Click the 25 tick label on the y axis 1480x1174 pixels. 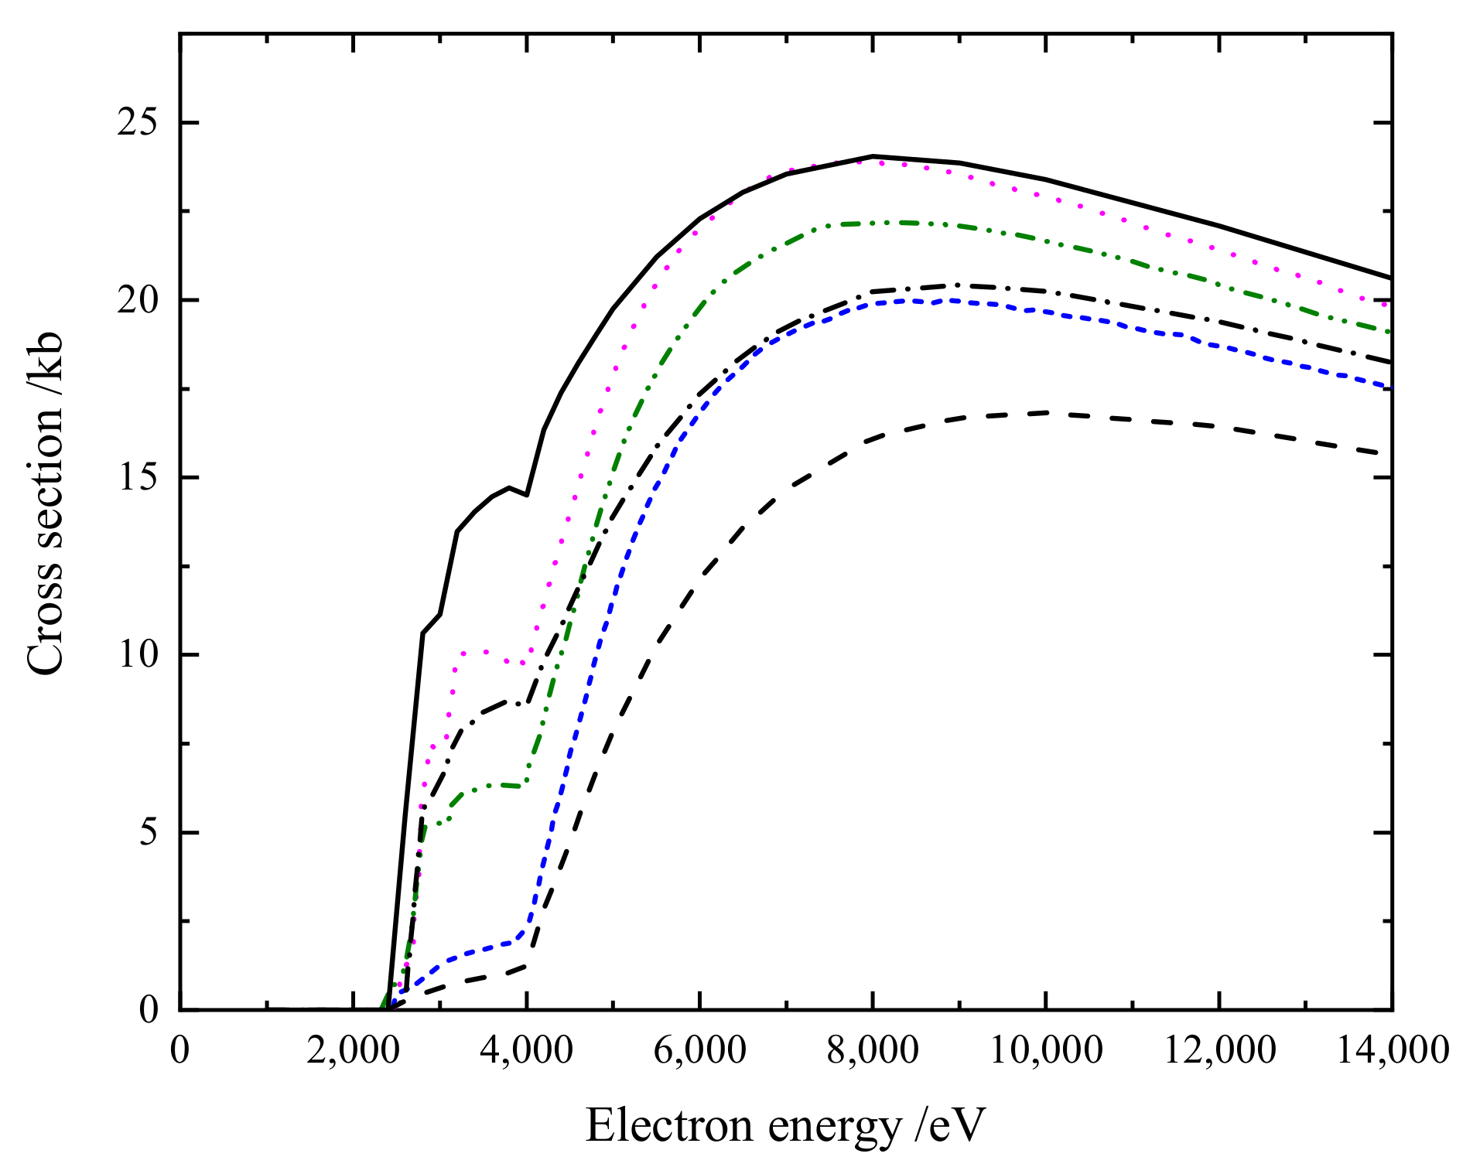tap(137, 123)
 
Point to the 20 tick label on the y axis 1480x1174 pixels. tap(137, 300)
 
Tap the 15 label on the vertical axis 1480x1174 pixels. tap(137, 477)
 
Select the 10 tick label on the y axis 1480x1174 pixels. tap(137, 655)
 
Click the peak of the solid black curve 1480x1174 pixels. tap(873, 156)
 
